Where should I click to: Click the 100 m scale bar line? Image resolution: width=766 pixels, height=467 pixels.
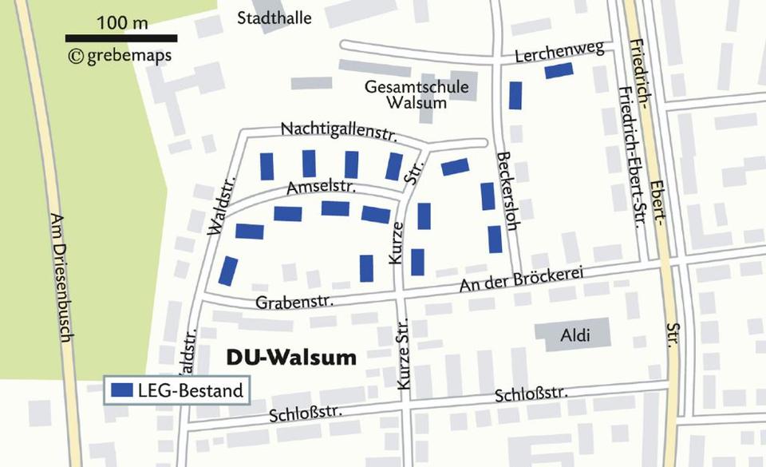point(121,38)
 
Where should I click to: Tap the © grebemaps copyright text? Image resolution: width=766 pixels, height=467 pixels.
point(120,56)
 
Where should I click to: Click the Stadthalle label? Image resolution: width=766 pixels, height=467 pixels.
point(274,18)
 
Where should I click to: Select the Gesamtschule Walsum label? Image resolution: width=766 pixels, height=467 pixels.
point(417,94)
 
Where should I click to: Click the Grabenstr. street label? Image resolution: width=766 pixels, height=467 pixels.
point(294,302)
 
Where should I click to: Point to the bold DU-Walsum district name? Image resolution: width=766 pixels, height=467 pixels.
point(291,358)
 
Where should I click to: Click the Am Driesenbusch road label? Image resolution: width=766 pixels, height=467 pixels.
point(61,277)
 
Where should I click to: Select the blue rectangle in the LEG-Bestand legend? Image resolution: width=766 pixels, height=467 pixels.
point(122,390)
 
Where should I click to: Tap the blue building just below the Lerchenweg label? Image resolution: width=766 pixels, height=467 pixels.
point(559,71)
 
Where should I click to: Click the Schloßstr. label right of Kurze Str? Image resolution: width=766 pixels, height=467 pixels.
point(531,394)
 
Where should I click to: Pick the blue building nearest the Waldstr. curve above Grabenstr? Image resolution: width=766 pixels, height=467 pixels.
point(228,271)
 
